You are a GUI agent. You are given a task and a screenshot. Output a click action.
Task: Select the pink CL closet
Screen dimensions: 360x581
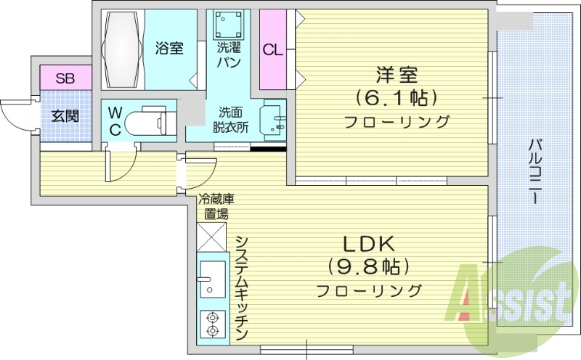273,49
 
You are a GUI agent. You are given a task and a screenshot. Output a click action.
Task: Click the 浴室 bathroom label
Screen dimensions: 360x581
168,49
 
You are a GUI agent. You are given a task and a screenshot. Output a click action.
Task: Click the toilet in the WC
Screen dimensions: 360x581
149,120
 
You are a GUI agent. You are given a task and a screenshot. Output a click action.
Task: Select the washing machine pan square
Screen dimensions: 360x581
229,26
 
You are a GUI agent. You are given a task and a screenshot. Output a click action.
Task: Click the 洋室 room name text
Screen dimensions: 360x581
397,75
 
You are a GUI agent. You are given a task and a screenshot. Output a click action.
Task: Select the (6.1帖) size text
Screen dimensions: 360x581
397,97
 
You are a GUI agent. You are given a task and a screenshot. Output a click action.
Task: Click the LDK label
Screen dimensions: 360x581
368,244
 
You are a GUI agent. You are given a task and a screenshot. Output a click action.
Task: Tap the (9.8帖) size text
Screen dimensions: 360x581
368,267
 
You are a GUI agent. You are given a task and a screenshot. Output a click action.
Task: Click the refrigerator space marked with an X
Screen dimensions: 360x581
212,237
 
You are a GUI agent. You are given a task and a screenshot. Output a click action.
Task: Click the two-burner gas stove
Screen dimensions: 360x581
212,324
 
